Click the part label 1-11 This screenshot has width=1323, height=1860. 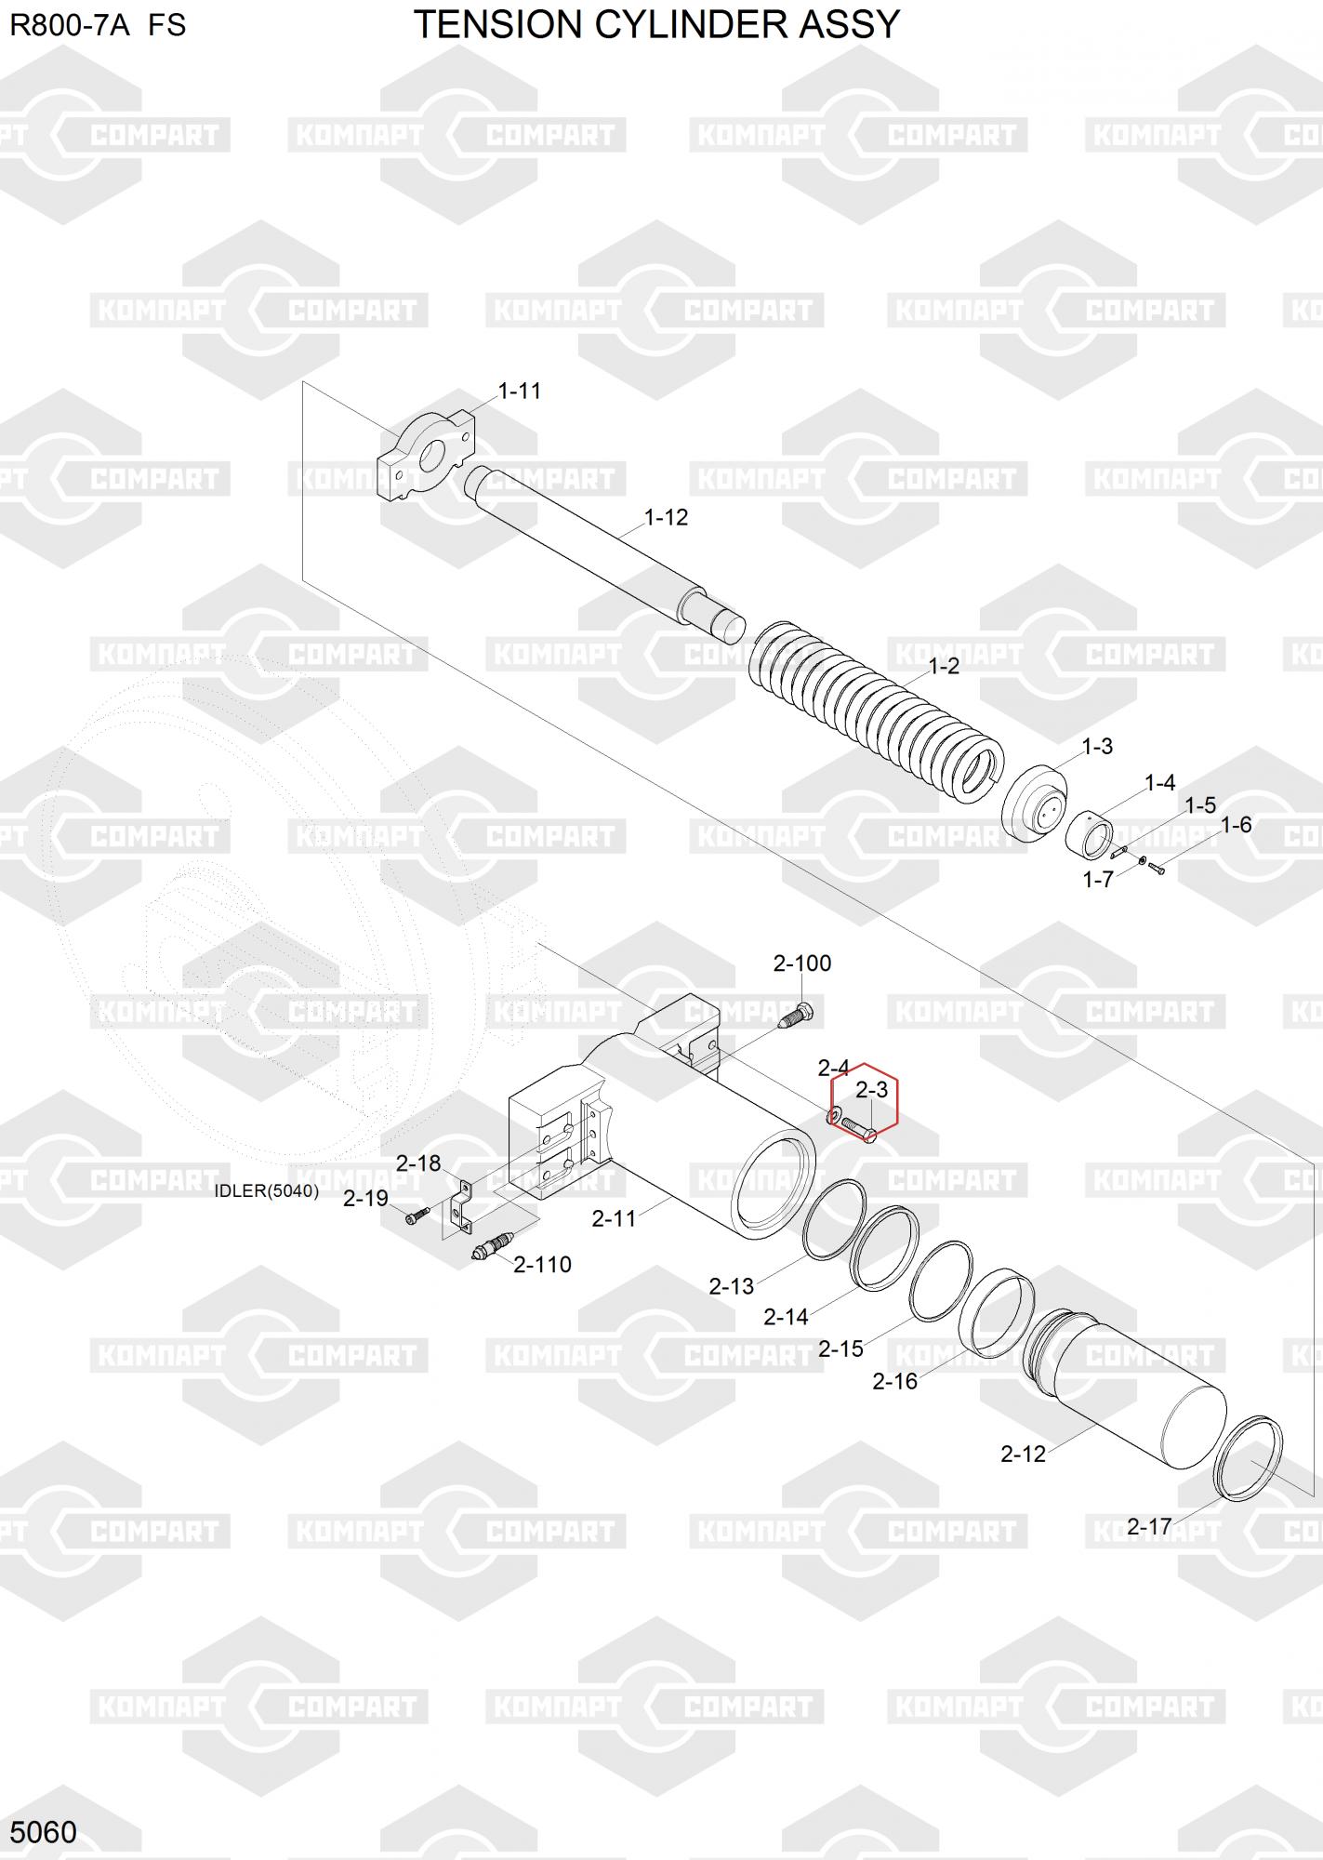coord(519,391)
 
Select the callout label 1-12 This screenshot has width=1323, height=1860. coord(666,517)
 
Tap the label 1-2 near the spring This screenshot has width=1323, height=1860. coord(943,667)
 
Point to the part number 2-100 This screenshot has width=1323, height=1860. coord(801,963)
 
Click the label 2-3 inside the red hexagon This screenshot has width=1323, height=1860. coord(871,1089)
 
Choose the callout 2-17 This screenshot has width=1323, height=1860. coord(1148,1526)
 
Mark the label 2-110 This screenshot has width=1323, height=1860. coord(542,1265)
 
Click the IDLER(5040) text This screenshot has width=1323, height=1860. coord(266,1191)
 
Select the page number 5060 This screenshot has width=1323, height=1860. coord(43,1832)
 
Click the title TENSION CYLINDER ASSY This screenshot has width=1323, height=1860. coord(656,25)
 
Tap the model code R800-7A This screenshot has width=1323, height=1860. coord(69,25)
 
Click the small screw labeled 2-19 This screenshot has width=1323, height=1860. coord(416,1215)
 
